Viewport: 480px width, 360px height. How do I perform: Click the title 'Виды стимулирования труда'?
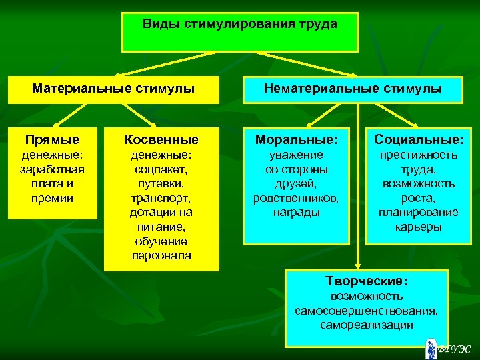pos(240,24)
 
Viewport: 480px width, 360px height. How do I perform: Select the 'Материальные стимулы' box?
pos(113,88)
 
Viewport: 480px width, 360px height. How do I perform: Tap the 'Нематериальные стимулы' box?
pos(353,88)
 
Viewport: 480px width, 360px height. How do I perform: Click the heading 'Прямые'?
pos(52,140)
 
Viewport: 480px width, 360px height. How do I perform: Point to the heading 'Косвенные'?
pos(161,140)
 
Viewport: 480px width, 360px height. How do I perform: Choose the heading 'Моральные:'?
pos(297,140)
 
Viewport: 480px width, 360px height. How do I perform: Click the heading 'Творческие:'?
pos(366,281)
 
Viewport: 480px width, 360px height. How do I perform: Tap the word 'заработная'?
pos(52,169)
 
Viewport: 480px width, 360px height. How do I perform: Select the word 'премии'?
pos(52,198)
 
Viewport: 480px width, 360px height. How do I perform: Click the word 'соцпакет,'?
pos(161,169)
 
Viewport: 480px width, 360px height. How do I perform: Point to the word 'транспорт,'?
pos(161,198)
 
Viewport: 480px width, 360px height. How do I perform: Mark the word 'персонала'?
pos(161,256)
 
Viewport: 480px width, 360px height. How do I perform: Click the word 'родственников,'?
pos(297,198)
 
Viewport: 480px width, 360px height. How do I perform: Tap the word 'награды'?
pos(297,213)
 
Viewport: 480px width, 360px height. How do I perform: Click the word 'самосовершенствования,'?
pos(366,311)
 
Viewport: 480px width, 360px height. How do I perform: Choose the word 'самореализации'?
pos(366,325)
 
